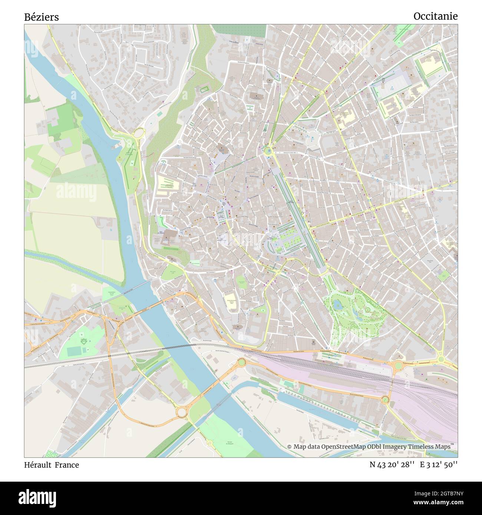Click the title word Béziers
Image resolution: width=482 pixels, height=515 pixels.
point(41,17)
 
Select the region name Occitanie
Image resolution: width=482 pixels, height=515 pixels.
point(435,16)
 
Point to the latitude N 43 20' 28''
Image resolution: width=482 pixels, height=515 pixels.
point(392,465)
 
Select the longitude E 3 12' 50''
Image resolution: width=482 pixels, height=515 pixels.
point(439,465)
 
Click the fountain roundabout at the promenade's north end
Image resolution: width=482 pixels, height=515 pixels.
point(267,150)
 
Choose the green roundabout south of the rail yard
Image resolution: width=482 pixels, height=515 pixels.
point(385,399)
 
